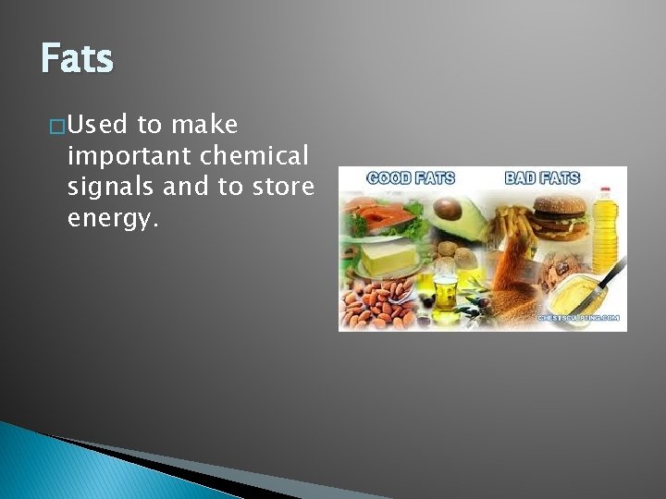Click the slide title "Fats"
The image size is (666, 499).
coord(77,60)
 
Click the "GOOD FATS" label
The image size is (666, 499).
coord(411,177)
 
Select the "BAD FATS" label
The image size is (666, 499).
coord(542,177)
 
